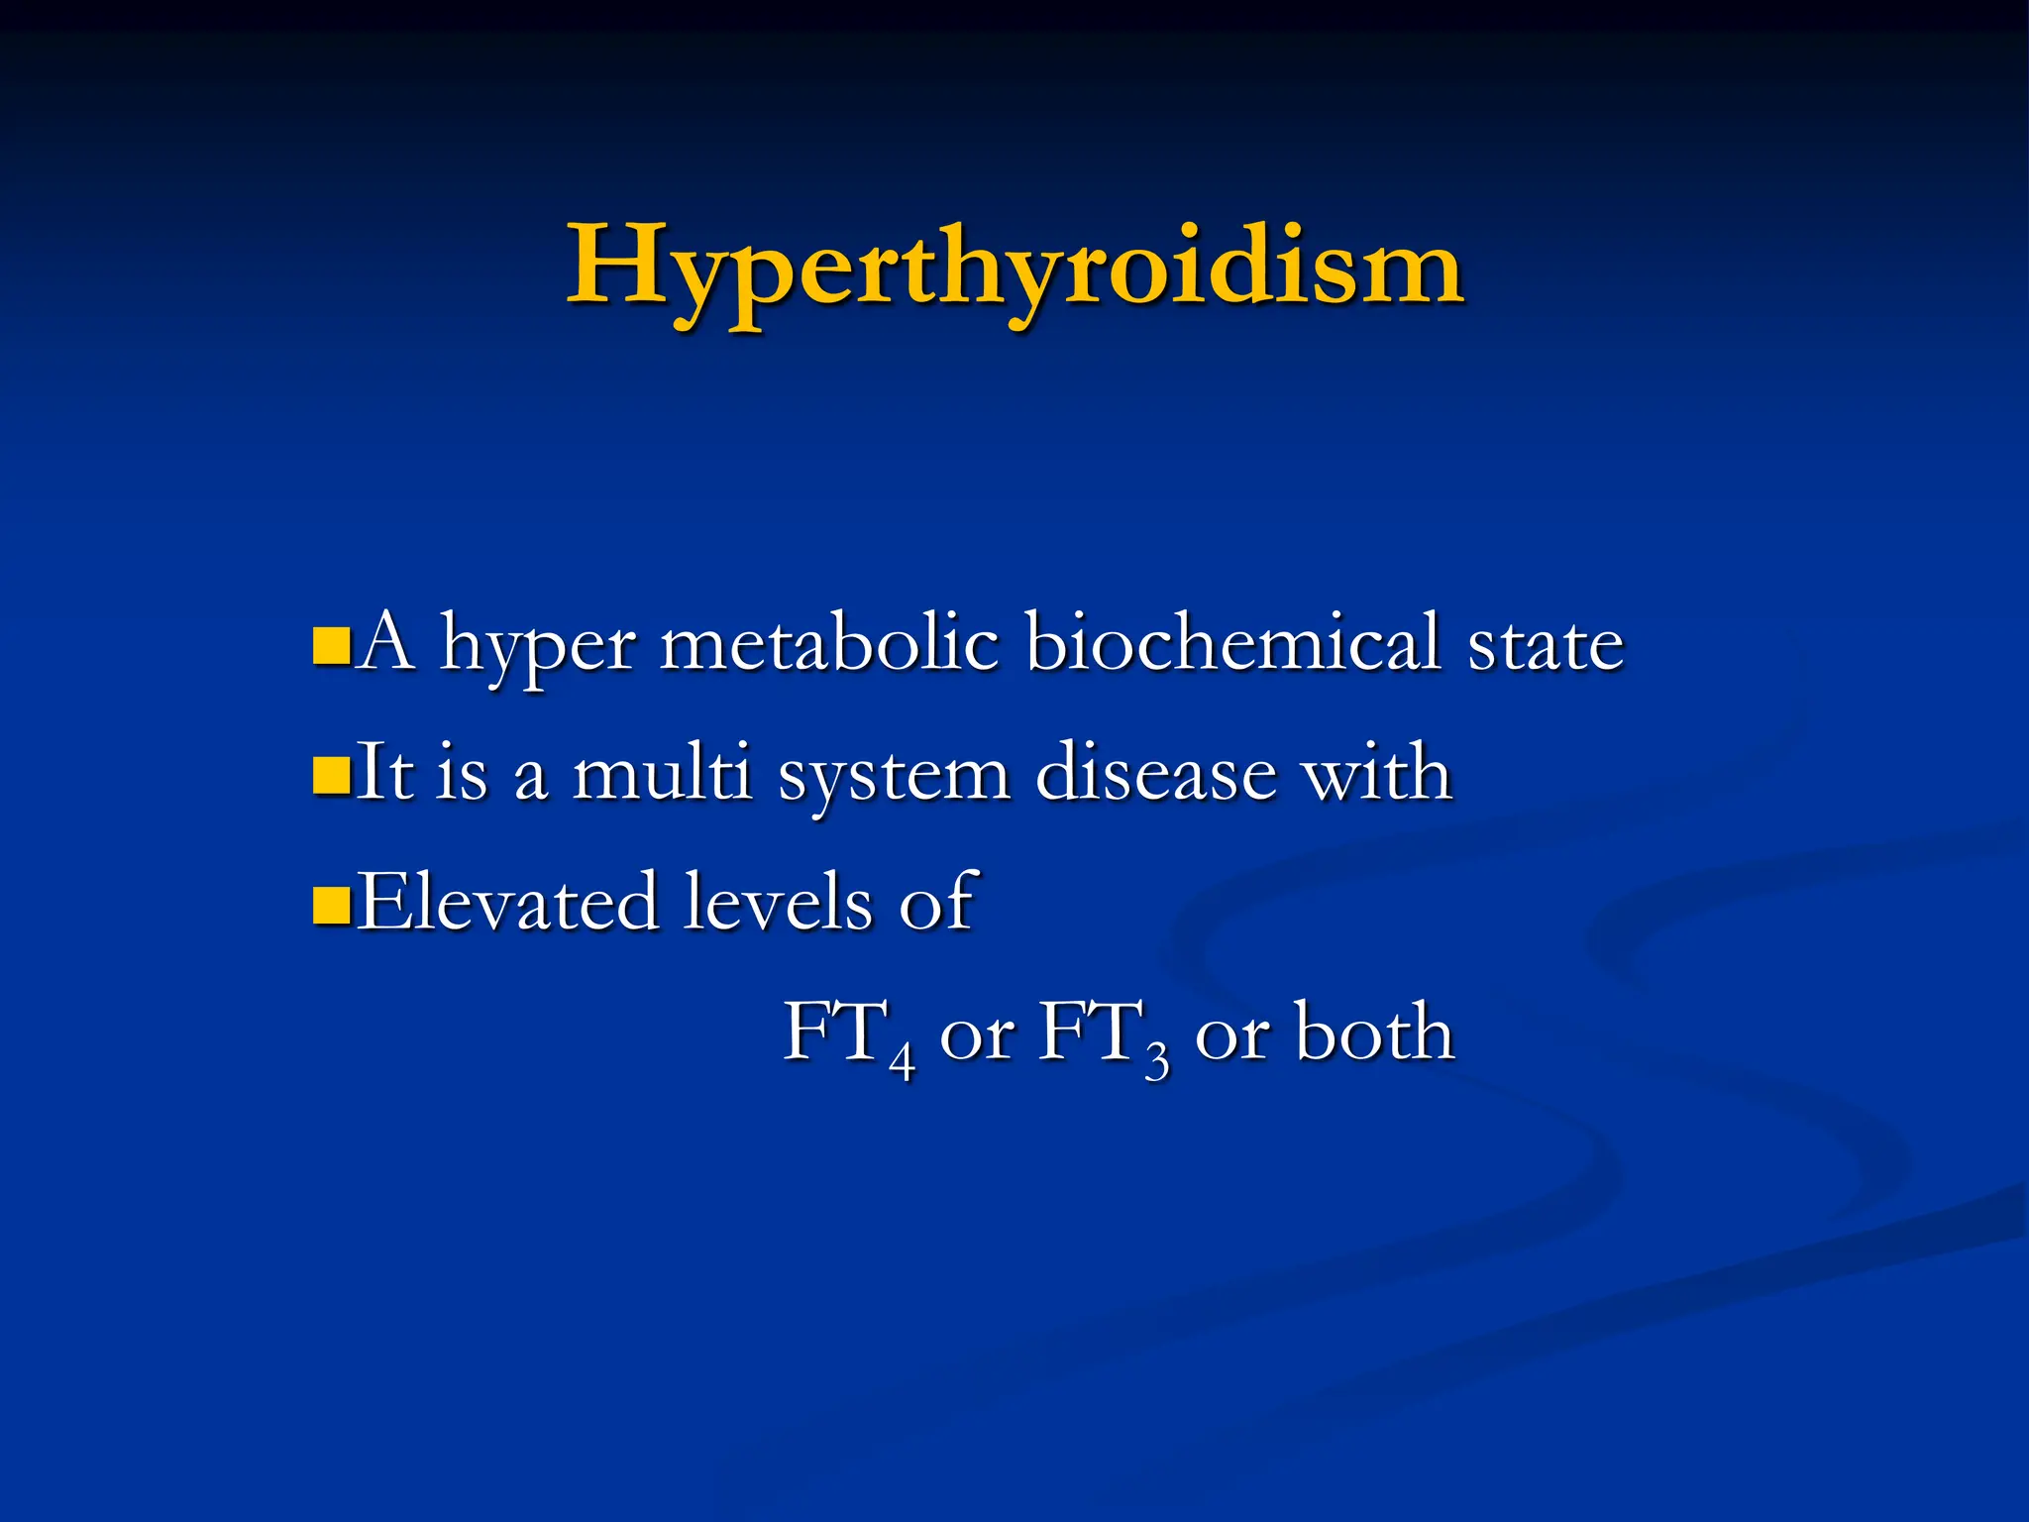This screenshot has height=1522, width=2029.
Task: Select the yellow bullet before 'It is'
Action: (x=331, y=776)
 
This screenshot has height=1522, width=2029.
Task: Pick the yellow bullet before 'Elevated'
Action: (x=331, y=904)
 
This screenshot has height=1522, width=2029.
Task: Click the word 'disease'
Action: (x=1156, y=772)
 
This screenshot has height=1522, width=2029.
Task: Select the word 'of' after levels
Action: (x=938, y=902)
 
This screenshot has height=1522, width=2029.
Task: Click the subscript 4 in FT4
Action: (x=901, y=1062)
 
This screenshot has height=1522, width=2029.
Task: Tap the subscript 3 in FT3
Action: (x=1156, y=1062)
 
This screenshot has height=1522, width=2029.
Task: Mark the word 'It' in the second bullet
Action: (x=383, y=772)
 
